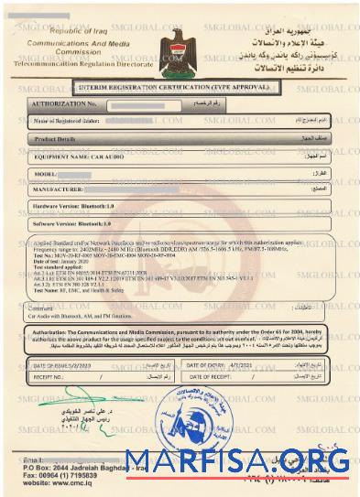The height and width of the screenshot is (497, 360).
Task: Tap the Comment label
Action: [47, 308]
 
